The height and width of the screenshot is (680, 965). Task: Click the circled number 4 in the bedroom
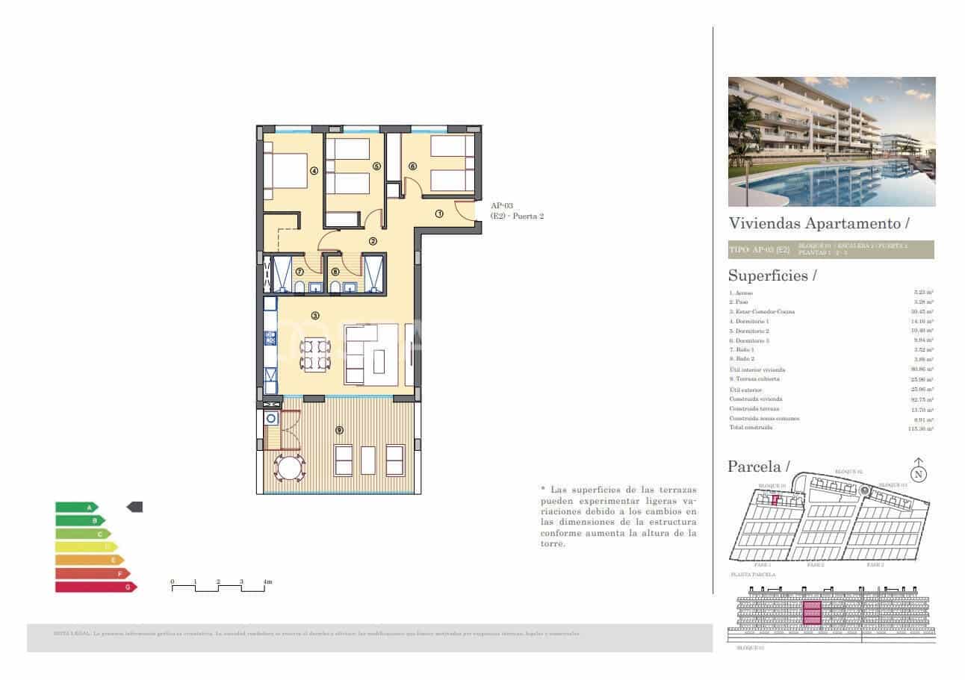pos(314,170)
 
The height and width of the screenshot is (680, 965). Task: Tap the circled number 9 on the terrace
pos(340,430)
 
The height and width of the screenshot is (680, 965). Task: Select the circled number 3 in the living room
pos(315,316)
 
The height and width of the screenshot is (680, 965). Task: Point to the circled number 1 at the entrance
pos(440,213)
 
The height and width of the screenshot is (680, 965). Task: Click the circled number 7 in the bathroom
pos(300,272)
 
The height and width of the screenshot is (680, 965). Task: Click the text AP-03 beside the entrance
pos(501,205)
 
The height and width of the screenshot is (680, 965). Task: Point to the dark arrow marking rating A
pos(134,507)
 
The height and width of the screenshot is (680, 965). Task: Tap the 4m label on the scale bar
pos(267,581)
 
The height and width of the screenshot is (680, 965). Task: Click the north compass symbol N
pos(919,473)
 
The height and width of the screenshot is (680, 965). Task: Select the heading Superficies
pos(767,275)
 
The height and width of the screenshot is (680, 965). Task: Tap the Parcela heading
pos(757,467)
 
